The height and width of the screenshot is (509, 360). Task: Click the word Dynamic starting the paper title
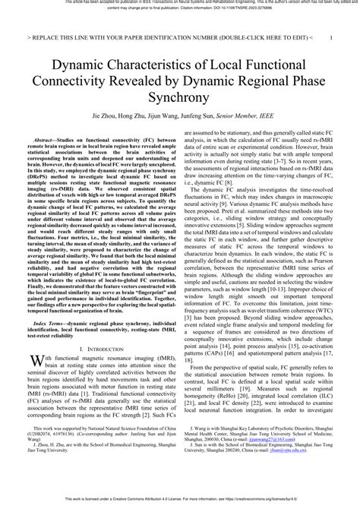click(80, 69)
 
